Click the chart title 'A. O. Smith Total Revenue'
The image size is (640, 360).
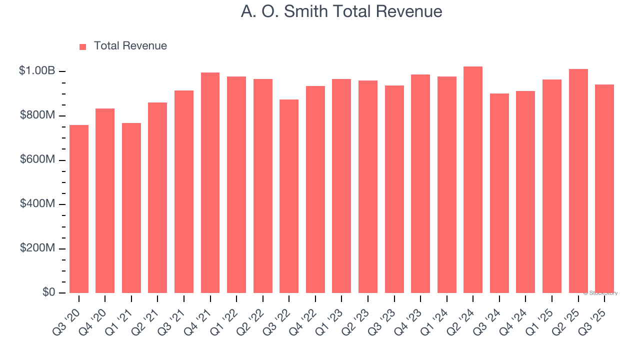click(x=341, y=11)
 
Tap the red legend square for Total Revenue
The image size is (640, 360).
click(x=83, y=46)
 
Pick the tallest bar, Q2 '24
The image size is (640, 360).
click(x=473, y=180)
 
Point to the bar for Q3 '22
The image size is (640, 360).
click(x=289, y=196)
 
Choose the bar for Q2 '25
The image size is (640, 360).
click(x=578, y=181)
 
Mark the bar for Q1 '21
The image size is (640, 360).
click(x=131, y=208)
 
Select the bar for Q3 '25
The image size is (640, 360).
click(x=604, y=189)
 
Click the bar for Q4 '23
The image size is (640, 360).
click(x=420, y=183)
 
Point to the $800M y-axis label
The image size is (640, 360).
click(x=37, y=115)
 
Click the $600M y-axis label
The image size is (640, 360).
click(x=37, y=159)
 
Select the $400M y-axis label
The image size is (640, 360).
click(x=37, y=204)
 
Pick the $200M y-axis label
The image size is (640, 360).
click(x=37, y=248)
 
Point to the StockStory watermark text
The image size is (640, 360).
click(x=600, y=293)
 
